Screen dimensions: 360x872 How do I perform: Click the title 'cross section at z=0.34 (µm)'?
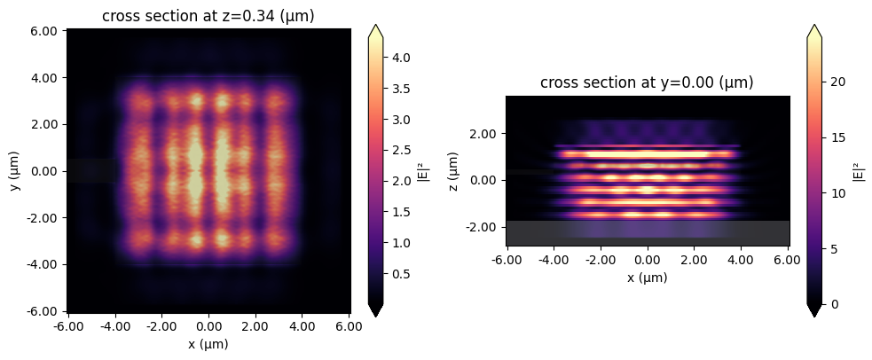(208, 16)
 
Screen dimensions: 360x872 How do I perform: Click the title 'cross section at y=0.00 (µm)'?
(647, 83)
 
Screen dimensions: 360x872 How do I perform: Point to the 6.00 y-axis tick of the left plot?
(44, 31)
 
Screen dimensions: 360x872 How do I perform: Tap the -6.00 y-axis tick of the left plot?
(43, 310)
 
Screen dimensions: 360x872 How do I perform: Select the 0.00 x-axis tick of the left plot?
(208, 326)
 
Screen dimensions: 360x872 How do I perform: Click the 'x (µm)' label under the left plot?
(208, 343)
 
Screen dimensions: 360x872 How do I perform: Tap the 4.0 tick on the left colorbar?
(402, 58)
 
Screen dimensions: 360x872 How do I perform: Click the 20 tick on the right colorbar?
(840, 82)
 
